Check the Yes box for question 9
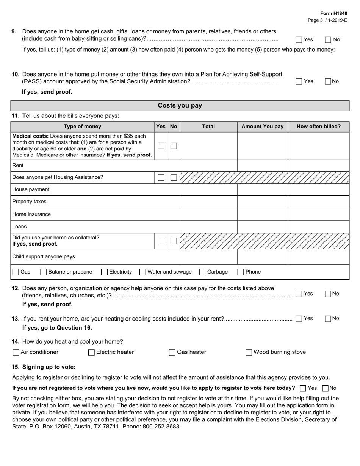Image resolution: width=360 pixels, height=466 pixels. (299, 39)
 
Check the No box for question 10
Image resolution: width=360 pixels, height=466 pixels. (328, 81)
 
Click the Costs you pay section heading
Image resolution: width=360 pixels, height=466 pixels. (180, 106)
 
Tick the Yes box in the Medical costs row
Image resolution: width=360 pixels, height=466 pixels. (161, 146)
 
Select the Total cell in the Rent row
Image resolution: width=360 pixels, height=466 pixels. (208, 166)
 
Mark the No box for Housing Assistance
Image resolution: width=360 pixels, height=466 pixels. (174, 178)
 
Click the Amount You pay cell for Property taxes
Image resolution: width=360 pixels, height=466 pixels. (262, 202)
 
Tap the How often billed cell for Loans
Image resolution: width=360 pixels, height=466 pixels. (318, 227)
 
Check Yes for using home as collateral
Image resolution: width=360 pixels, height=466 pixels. (161, 241)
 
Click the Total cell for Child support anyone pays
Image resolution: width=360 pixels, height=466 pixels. (208, 256)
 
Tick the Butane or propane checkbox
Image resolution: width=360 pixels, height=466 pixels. (44, 272)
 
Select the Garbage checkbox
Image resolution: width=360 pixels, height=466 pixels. (202, 272)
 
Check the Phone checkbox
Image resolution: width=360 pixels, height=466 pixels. (241, 272)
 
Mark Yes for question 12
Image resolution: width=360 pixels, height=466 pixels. (299, 294)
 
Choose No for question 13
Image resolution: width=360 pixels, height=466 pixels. (328, 319)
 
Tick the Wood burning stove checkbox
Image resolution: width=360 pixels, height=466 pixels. (249, 352)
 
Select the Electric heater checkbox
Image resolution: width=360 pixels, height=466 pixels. (91, 352)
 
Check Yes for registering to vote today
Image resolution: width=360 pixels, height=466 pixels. (303, 388)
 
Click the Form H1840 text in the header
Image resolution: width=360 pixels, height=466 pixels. (333, 13)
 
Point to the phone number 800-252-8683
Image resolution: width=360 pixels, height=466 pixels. (161, 426)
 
